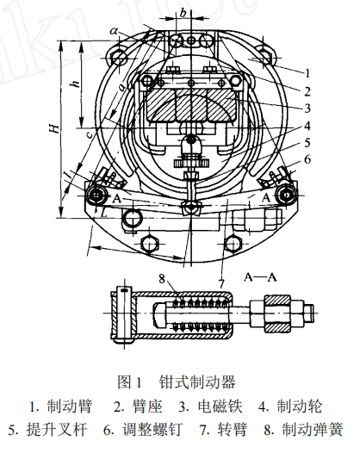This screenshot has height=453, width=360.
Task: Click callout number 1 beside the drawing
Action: click(307, 73)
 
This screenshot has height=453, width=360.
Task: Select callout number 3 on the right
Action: click(307, 109)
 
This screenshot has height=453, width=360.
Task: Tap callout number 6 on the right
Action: click(307, 159)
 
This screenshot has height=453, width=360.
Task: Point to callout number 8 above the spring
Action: click(162, 278)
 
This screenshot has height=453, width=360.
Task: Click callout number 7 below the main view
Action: click(221, 284)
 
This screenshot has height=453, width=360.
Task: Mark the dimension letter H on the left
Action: click(54, 128)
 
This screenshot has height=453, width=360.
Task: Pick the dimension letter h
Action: click(76, 84)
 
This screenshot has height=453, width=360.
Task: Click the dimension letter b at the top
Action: click(183, 12)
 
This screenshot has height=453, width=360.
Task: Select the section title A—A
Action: click(260, 277)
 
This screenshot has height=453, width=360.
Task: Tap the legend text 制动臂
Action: click(70, 406)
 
